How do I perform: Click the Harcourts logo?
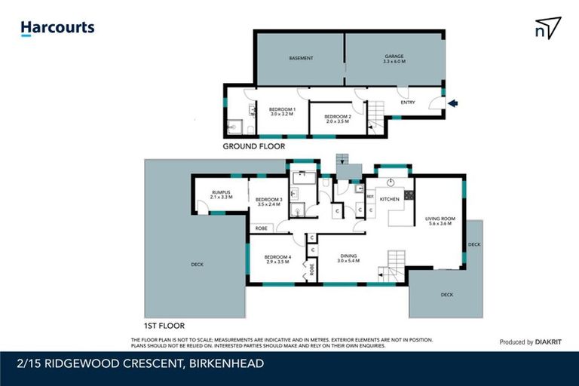(x=57, y=28)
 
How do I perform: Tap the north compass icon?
(x=548, y=28)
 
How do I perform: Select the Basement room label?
(x=301, y=58)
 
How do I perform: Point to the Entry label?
(x=408, y=103)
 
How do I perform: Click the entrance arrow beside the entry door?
(x=452, y=104)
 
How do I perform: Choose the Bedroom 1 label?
(x=282, y=112)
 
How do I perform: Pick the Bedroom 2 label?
(x=336, y=118)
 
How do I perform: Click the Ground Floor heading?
(x=254, y=146)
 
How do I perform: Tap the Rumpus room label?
(x=222, y=194)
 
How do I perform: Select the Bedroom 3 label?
(x=269, y=201)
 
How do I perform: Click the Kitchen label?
(x=389, y=199)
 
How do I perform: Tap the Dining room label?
(x=348, y=258)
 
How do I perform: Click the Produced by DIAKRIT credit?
(x=531, y=342)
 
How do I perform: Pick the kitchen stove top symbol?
(x=409, y=195)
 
